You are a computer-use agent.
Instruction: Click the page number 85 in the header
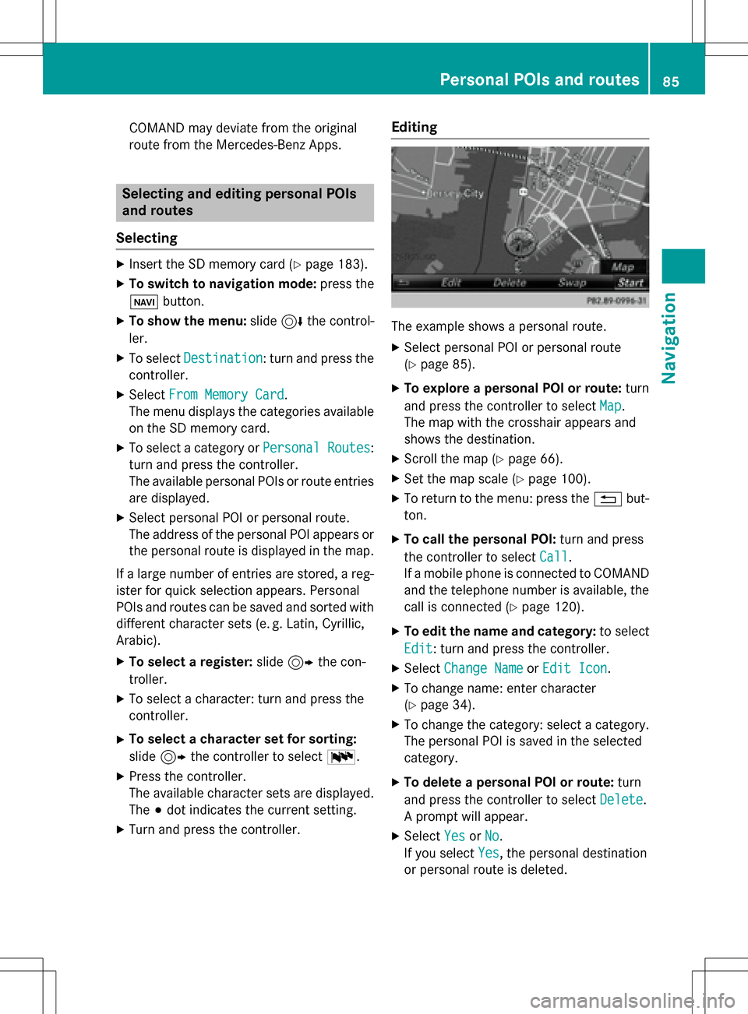[x=671, y=81]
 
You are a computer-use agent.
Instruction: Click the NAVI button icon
[x=143, y=302]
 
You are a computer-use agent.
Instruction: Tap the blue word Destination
[x=223, y=358]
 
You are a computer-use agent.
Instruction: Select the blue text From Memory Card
[x=226, y=395]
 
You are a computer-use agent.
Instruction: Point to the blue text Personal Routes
[x=316, y=448]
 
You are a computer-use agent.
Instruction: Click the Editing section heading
[x=415, y=127]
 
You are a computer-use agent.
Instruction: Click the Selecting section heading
[x=146, y=238]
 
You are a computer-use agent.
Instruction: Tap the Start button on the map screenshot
[x=630, y=283]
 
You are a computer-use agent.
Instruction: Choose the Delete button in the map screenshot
[x=510, y=283]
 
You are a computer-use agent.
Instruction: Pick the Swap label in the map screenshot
[x=572, y=283]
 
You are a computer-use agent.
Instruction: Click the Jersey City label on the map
[x=456, y=193]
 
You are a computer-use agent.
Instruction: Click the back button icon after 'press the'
[x=607, y=499]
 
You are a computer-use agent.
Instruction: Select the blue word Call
[x=554, y=557]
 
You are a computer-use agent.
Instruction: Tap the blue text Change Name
[x=483, y=668]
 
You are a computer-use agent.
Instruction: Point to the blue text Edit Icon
[x=575, y=668]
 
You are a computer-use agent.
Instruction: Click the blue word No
[x=492, y=836]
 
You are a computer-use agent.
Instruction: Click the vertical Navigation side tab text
[x=669, y=338]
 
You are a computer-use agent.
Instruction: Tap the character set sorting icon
[x=341, y=757]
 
